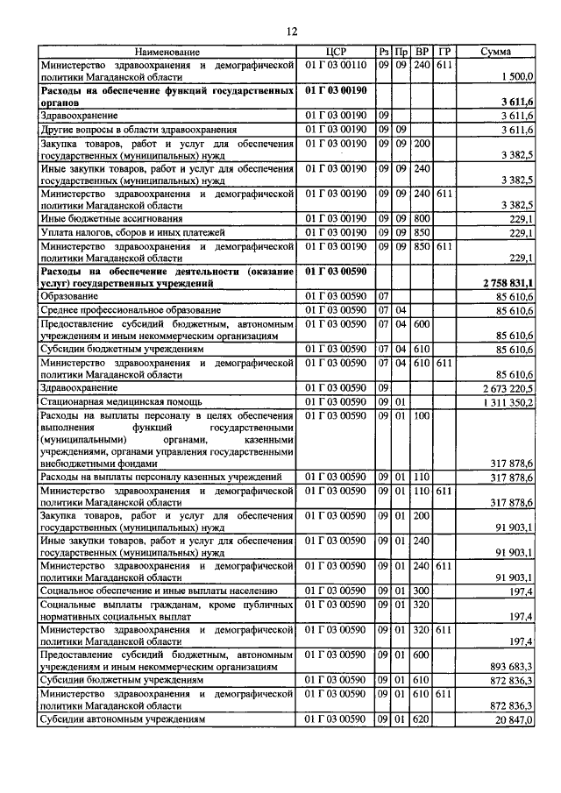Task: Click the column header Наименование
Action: [x=167, y=53]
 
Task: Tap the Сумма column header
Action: [x=497, y=53]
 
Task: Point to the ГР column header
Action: [x=444, y=53]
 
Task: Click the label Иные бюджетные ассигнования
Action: [x=110, y=218]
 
